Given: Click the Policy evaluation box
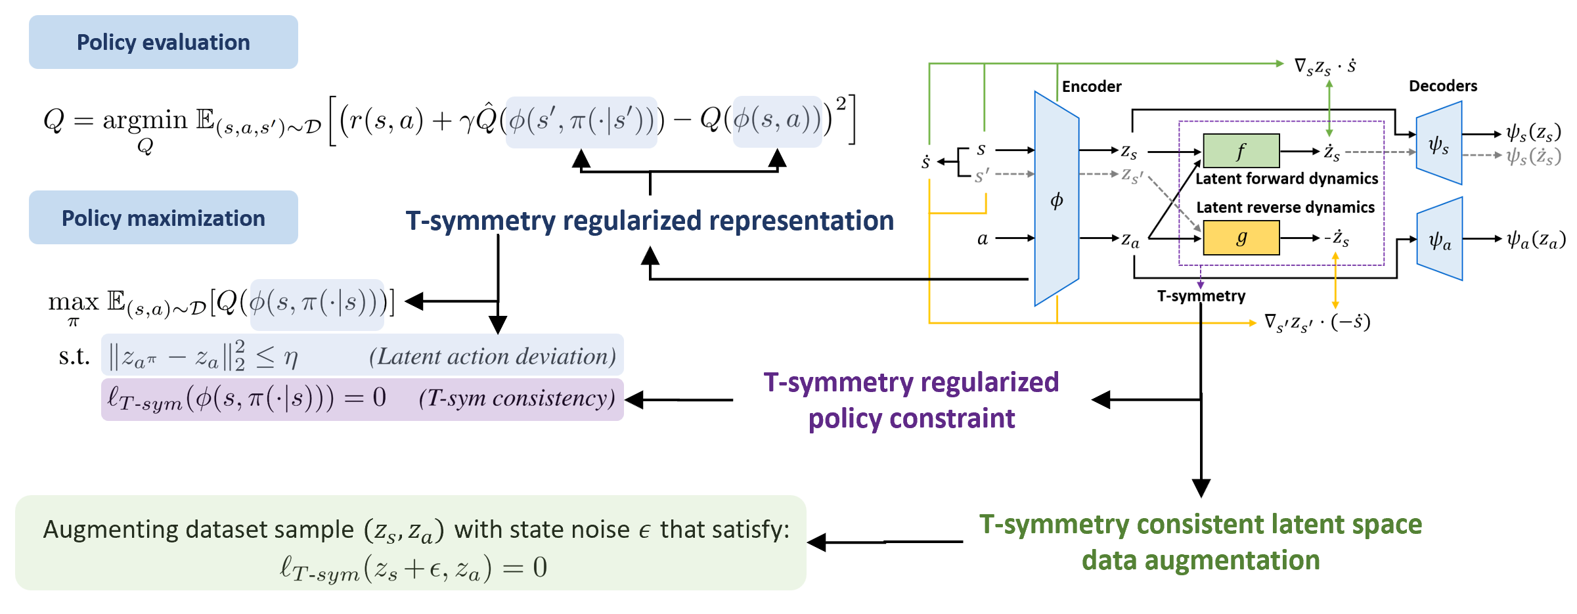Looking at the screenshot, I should [163, 43].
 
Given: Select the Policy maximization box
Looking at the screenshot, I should [163, 218].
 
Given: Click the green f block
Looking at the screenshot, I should [1241, 151].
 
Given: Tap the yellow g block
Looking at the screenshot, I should [1241, 238].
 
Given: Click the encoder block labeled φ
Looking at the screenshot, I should [1056, 199].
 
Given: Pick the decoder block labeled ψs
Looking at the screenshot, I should [1438, 144].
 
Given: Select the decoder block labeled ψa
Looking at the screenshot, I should [1440, 240].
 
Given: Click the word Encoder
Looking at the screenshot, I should [1092, 87].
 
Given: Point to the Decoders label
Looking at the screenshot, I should [1442, 86].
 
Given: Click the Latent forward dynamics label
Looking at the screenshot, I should [1286, 179].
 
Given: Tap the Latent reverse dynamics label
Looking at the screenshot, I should [1285, 208].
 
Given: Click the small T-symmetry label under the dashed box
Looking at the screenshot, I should [1201, 296].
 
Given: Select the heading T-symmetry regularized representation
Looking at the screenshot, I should [650, 221].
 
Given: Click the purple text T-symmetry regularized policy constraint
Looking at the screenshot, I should [911, 400].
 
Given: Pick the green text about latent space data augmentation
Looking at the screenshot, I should [1200, 542].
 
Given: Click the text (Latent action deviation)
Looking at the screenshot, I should [493, 357].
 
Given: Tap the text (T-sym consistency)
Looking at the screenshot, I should [517, 398].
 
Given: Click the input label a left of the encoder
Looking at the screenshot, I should [982, 238].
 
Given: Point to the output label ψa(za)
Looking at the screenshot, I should [1536, 240].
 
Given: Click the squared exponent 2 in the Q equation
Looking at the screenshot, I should [841, 103].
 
